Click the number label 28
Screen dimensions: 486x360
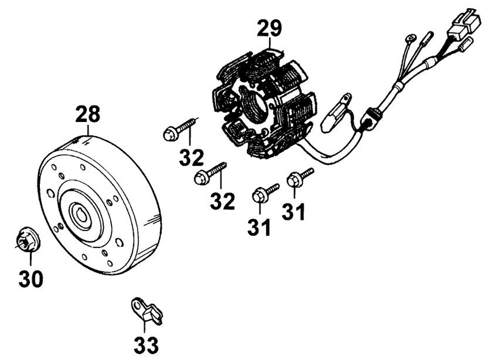[88, 114]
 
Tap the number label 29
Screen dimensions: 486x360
[269, 28]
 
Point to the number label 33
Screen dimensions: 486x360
[146, 344]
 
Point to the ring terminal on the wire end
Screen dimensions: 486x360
[409, 38]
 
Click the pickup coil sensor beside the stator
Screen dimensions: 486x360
[336, 113]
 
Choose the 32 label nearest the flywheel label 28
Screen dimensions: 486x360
[191, 157]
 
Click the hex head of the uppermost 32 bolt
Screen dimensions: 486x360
[170, 134]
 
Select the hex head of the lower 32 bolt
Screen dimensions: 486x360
[201, 178]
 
